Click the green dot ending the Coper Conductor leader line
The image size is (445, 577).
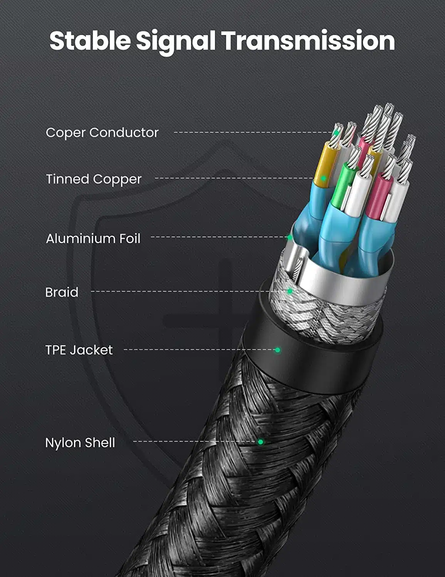(336, 132)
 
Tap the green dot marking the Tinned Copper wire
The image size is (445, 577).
(323, 178)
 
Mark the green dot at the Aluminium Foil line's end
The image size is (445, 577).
(290, 237)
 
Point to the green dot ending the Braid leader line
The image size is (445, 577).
(290, 291)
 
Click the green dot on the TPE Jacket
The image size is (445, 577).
(277, 350)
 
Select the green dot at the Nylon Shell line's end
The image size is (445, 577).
(260, 442)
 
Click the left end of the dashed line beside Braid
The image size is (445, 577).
(91, 291)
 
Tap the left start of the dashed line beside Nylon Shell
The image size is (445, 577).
(134, 442)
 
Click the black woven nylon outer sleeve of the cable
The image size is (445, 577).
(239, 478)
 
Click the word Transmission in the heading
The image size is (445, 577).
(308, 41)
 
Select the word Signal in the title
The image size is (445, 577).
(176, 42)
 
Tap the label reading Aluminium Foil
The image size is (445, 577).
(93, 238)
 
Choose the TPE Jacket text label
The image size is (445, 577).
(79, 350)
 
